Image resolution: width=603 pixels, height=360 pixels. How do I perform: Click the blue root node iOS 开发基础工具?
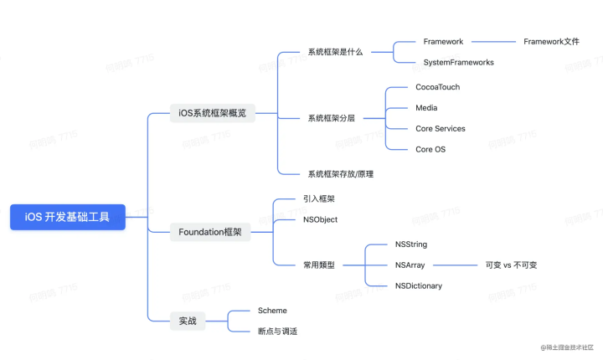[68, 217]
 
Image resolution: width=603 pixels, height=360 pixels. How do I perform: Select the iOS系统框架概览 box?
[213, 112]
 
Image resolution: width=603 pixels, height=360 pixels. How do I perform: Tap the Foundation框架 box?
[210, 232]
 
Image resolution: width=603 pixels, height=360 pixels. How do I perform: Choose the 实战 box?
[188, 321]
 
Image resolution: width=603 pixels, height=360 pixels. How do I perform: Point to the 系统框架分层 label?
[331, 119]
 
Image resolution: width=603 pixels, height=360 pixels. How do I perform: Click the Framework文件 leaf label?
[551, 41]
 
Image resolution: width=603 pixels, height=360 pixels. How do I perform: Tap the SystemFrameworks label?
[458, 63]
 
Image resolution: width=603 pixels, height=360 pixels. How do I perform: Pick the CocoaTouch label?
[437, 87]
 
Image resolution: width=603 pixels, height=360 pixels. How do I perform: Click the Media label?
[426, 108]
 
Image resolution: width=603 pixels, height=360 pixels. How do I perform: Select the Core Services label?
[440, 129]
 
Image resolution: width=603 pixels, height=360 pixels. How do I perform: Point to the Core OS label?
[430, 149]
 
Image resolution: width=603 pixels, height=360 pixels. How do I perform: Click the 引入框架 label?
[319, 198]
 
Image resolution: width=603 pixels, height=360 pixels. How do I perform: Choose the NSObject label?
[321, 219]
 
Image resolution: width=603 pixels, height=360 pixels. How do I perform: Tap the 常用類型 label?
[319, 265]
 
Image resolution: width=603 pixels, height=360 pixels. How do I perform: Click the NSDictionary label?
[418, 286]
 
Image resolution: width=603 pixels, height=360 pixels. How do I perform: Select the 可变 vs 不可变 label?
[511, 265]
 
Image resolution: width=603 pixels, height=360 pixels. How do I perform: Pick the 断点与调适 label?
[277, 332]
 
